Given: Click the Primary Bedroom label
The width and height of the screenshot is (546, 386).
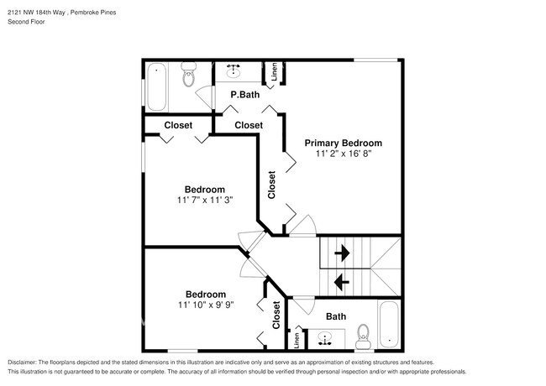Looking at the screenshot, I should point(343,143).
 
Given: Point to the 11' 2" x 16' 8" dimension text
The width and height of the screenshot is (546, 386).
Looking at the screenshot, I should point(343,154).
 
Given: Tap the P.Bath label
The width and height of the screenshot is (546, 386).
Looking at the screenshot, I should point(244,95).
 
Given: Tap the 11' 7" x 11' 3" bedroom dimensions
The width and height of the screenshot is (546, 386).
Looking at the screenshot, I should point(204,201).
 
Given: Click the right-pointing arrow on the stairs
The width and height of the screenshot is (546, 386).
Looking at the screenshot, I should point(342,252).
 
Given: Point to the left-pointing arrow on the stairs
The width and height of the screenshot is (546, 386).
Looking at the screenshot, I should point(342,281).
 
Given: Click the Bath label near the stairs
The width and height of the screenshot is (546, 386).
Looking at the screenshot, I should point(336,316).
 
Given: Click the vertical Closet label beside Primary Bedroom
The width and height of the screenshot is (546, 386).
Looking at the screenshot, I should point(271,185).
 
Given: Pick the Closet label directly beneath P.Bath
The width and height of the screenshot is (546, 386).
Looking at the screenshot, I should point(249,125).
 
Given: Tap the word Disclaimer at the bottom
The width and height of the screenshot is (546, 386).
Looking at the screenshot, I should point(23,361).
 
